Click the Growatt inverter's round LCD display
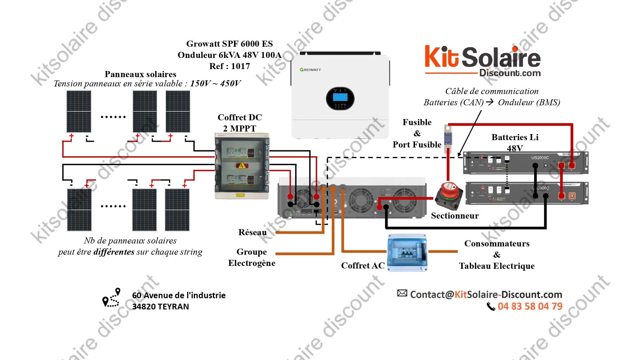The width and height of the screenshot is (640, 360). [340, 98]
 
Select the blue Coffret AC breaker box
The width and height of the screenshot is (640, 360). [407, 253]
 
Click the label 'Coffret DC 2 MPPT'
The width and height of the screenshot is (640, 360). [240, 123]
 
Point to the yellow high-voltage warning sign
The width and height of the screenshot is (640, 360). [242, 165]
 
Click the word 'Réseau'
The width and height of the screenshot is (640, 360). [252, 232]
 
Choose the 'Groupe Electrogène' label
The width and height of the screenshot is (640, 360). [252, 257]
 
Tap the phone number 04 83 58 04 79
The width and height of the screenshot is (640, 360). [530, 306]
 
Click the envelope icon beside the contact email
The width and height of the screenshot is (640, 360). [402, 293]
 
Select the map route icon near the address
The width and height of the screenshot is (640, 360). [111, 298]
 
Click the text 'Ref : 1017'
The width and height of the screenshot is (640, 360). [229, 66]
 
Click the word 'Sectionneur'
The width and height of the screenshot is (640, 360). [455, 216]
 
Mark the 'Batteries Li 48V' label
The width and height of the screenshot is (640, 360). [515, 142]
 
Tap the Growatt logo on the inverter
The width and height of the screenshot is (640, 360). [310, 69]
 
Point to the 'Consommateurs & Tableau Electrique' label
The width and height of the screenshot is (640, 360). [497, 255]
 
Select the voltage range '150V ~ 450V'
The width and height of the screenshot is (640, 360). [215, 84]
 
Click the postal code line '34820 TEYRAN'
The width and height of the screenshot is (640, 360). [161, 307]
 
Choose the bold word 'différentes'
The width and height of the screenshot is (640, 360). [114, 252]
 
